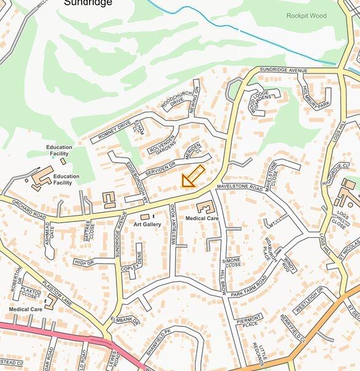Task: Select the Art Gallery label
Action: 147,225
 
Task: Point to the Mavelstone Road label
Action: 239,189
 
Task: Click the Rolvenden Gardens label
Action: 161,143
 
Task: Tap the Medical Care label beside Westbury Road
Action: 202,218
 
